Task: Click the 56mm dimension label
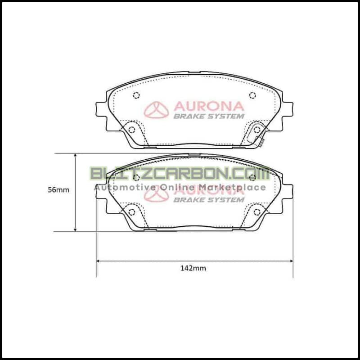click(58, 190)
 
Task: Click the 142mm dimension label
click(193, 268)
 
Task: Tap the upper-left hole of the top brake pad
click(136, 95)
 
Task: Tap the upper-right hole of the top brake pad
click(252, 95)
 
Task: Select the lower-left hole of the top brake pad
click(131, 130)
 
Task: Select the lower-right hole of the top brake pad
click(257, 130)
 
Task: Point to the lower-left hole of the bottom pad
click(131, 212)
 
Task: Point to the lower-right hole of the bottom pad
click(257, 212)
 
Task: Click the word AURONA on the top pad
click(209, 106)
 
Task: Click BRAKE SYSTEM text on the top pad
click(209, 116)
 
